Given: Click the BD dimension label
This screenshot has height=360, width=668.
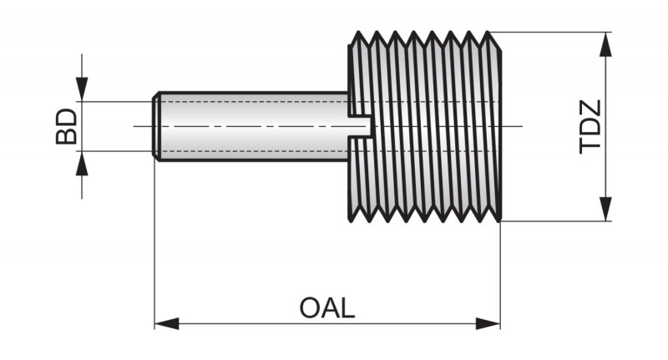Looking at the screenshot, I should (66, 126).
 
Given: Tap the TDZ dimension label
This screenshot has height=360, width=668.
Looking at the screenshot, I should (590, 126).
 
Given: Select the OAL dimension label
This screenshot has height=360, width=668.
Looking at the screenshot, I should (327, 307).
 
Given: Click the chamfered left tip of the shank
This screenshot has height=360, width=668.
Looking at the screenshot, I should (156, 126).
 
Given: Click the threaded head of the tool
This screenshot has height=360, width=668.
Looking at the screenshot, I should (426, 126).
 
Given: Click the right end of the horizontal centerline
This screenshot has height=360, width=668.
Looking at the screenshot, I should (519, 126).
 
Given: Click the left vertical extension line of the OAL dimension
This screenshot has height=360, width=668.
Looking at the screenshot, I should (155, 251).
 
